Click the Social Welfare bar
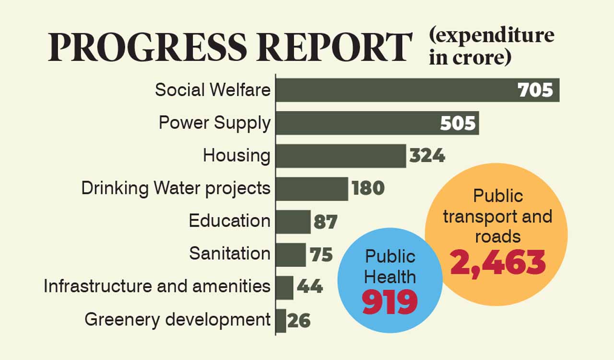(393, 90)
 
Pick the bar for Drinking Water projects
(312, 189)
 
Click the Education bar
(293, 221)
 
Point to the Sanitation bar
(291, 254)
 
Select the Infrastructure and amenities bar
(284, 287)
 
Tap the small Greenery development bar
(281, 320)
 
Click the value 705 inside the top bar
(535, 90)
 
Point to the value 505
(458, 123)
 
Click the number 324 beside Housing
(427, 156)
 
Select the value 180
(368, 189)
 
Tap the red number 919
(390, 302)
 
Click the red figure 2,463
(498, 263)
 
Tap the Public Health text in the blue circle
(390, 266)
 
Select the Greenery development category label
(177, 320)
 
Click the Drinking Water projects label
(176, 188)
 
